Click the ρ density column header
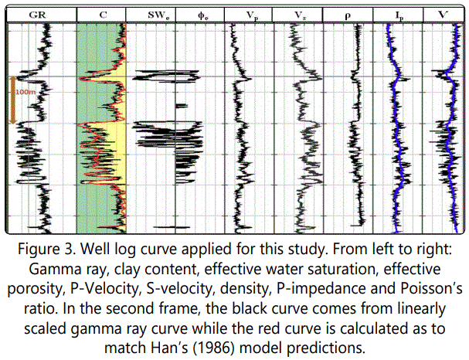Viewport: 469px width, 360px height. [348, 15]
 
